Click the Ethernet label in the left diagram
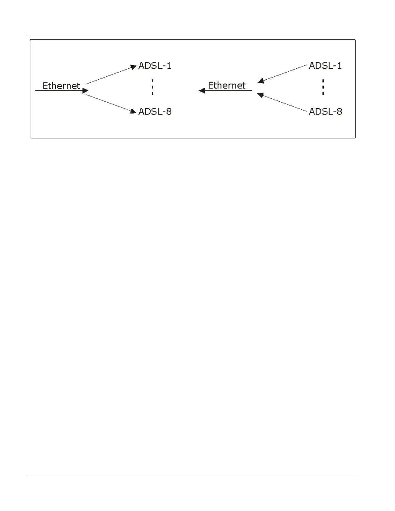coord(61,85)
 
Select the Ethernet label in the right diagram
coord(227,85)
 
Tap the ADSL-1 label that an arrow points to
coord(155,65)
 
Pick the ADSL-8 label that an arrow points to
coord(155,111)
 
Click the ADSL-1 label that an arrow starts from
coord(325,65)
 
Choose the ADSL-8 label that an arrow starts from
coord(325,111)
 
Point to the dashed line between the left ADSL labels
coord(152,87)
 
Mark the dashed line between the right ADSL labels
coord(323,87)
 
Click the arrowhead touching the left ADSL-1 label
coord(134,67)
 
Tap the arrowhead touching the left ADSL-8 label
coord(133,111)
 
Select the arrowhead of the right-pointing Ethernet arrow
coord(86,91)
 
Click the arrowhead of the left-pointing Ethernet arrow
coord(202,91)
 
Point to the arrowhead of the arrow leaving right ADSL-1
coord(261,81)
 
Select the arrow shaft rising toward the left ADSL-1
coord(110,75)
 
